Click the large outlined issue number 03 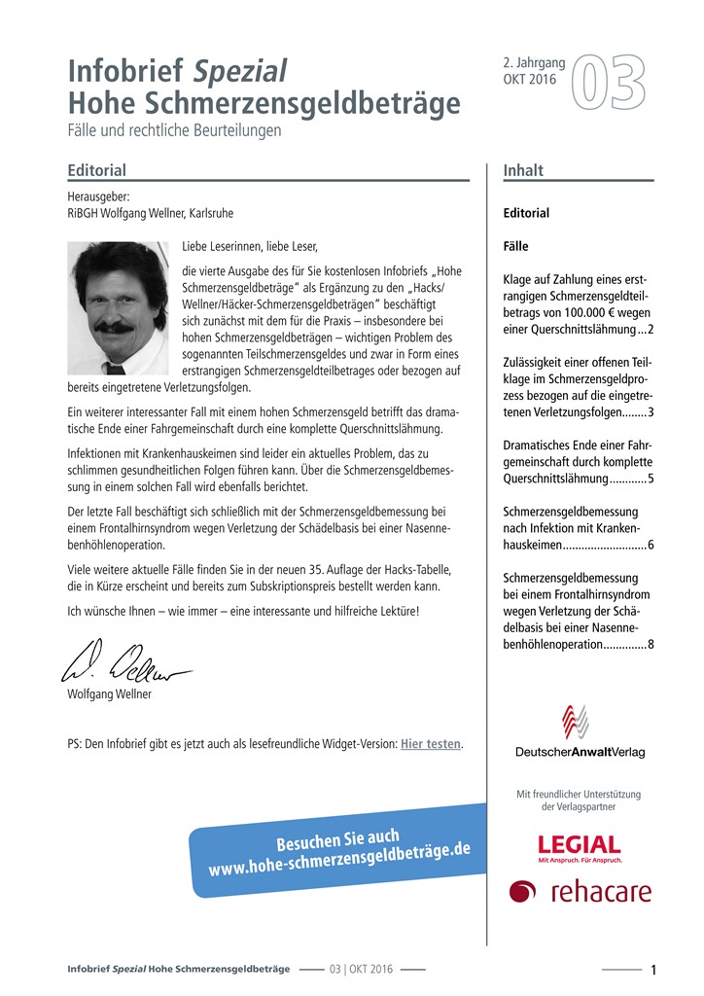[608, 83]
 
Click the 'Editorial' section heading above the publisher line [97, 170]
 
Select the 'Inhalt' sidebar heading [523, 170]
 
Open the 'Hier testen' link [431, 744]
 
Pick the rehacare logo [581, 891]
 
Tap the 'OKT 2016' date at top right [530, 80]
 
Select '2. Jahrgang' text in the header [534, 63]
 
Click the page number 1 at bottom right [653, 970]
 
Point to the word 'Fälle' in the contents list [516, 246]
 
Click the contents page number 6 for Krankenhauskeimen [651, 544]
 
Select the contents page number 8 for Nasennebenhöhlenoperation [651, 644]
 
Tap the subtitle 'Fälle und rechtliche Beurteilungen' [175, 129]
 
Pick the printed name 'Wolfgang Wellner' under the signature [110, 694]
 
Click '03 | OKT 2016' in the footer [361, 970]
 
